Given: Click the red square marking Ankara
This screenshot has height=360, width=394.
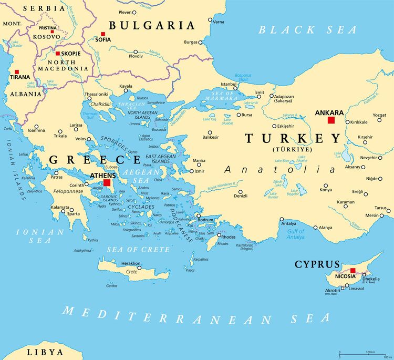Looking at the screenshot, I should (x=331, y=120).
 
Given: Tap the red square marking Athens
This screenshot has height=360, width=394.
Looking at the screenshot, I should (x=107, y=183).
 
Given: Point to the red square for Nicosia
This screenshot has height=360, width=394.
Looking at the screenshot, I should (x=353, y=271).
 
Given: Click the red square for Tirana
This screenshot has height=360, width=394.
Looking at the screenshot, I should (x=17, y=72).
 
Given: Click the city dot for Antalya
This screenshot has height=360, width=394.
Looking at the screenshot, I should (x=282, y=219).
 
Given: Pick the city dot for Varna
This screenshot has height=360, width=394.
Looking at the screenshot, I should (x=211, y=20).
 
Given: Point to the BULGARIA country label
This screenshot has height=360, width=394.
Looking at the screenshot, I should (x=151, y=25).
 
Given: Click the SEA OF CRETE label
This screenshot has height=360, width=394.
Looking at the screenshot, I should (x=138, y=249).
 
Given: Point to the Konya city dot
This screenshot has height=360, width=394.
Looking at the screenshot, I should (x=325, y=186).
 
